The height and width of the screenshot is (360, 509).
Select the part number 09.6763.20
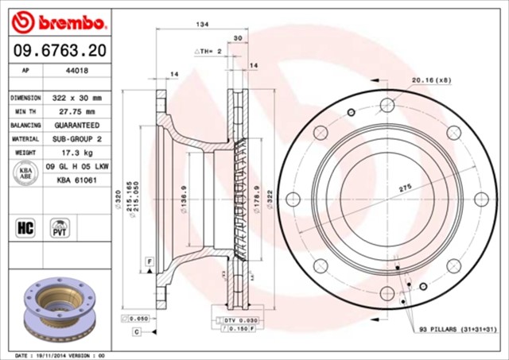point(58,52)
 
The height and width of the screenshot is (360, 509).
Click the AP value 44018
point(76,70)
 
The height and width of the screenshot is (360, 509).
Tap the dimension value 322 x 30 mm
point(76,97)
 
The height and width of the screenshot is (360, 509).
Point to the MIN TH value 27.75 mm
point(76,111)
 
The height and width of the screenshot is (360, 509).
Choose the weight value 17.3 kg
point(76,152)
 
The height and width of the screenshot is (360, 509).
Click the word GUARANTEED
point(76,125)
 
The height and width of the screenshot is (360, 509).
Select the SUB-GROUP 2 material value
point(76,138)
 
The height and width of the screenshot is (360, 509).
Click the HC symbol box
point(24,229)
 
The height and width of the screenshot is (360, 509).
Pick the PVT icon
point(59,228)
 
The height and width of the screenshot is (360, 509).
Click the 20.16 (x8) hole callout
point(431,79)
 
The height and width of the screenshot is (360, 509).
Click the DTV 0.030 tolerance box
point(238,319)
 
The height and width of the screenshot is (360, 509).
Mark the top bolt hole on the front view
point(387,106)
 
